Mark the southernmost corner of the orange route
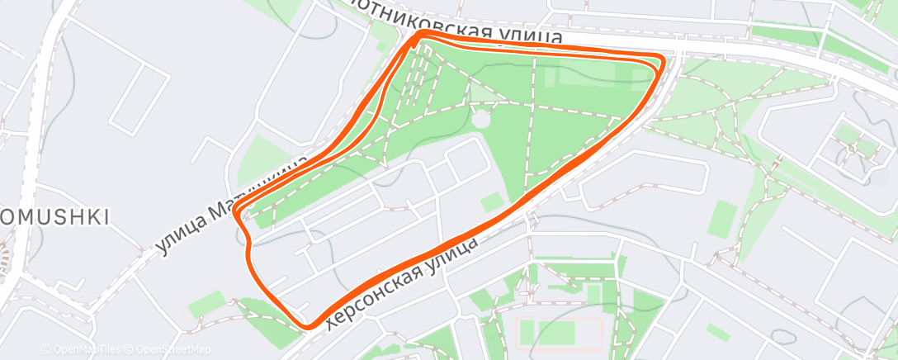[309, 326]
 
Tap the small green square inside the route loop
[492, 201]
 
